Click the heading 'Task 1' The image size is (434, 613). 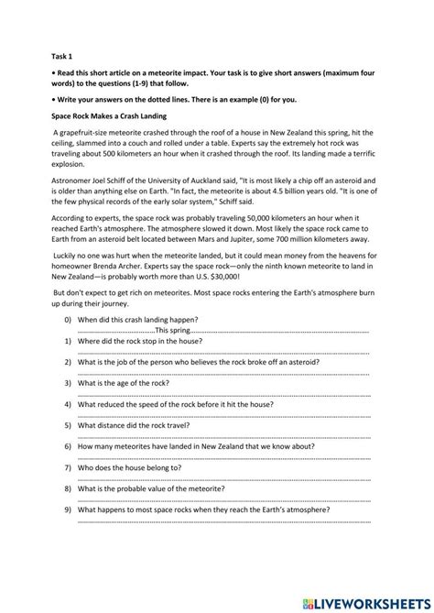pyautogui.click(x=60, y=54)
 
